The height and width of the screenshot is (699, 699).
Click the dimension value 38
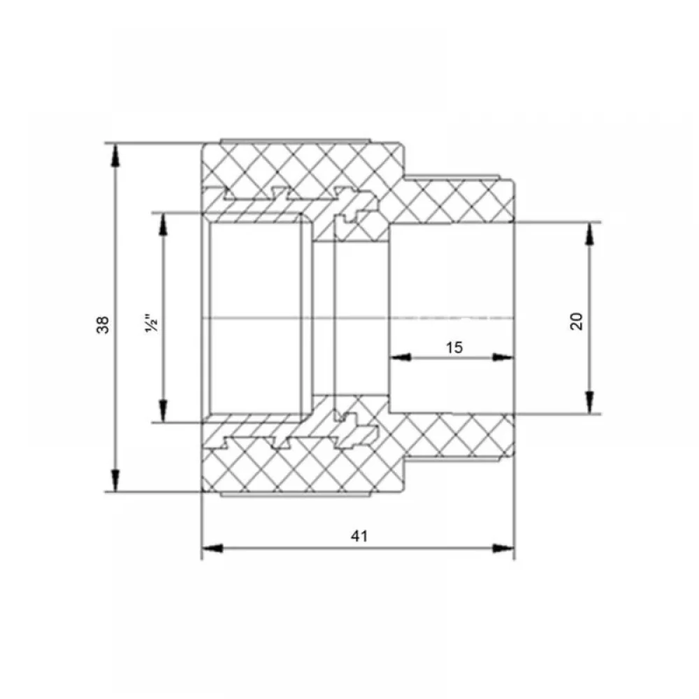(103, 324)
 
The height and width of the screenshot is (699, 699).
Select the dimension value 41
(359, 536)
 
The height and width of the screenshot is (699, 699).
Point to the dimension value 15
(454, 347)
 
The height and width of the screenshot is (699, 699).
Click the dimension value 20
(577, 321)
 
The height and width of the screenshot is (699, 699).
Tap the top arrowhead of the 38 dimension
(115, 155)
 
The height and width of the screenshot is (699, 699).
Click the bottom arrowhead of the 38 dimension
(115, 480)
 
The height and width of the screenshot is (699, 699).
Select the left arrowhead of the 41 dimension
(212, 548)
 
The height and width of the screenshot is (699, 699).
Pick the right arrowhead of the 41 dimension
(503, 548)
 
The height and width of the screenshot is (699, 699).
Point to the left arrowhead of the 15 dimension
(400, 357)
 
